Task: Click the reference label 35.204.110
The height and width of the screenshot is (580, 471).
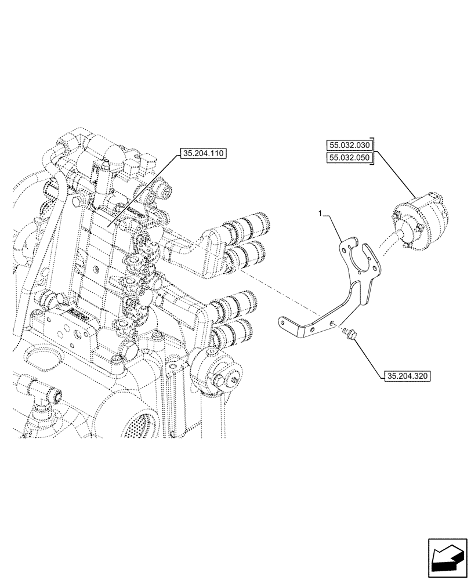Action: tap(202, 154)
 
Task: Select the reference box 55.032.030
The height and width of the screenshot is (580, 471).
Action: tap(352, 144)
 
